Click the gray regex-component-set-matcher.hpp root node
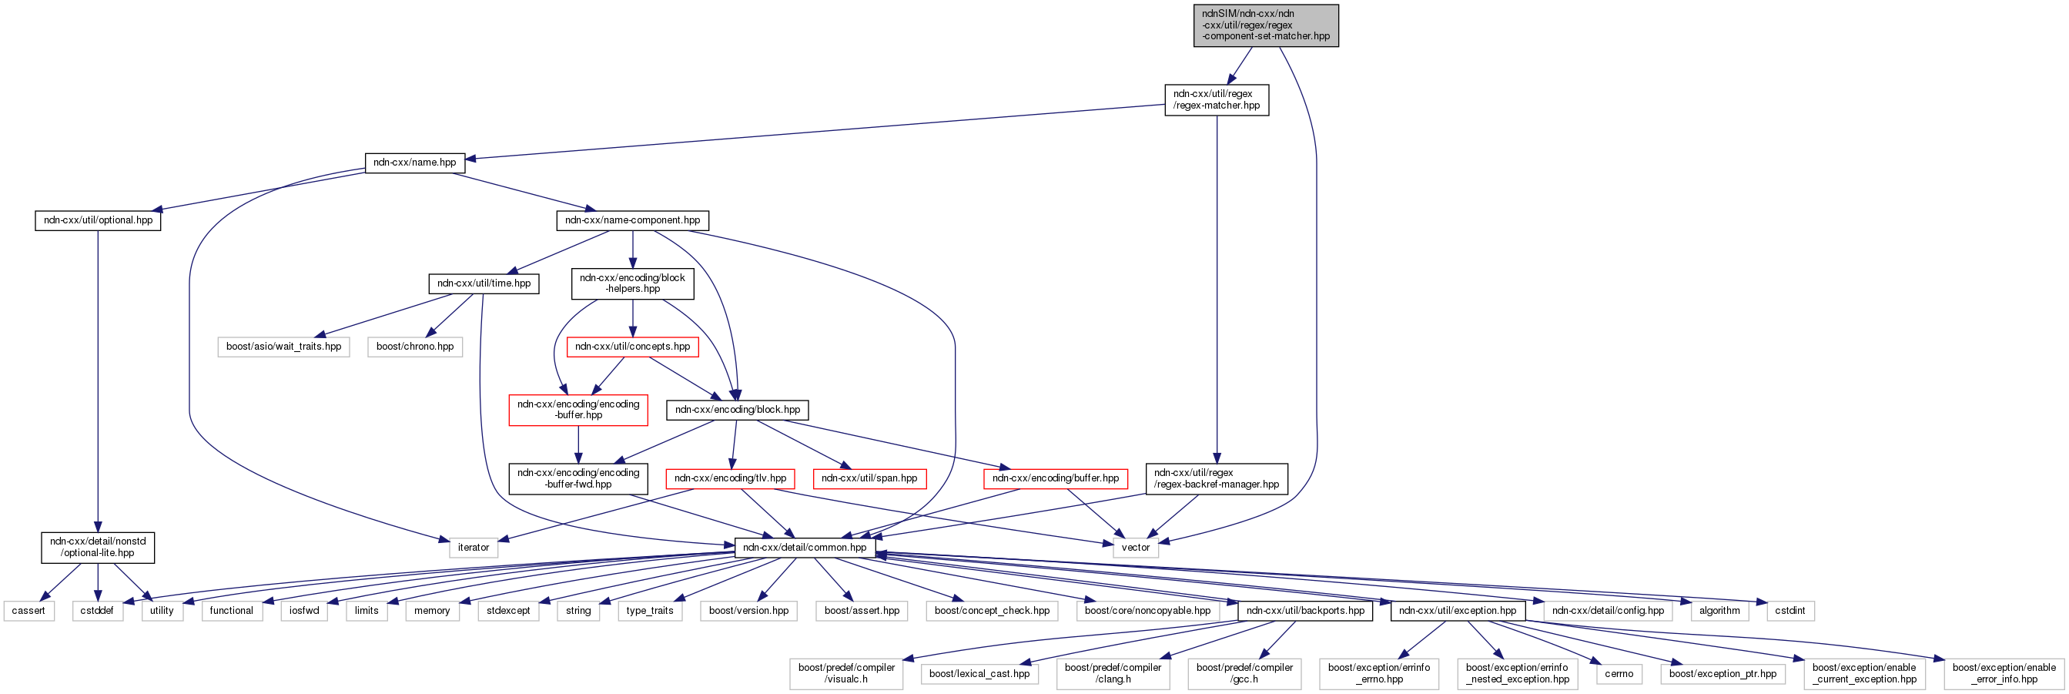(x=1265, y=25)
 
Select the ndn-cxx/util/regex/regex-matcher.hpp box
(x=1216, y=99)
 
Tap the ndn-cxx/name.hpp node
(x=414, y=163)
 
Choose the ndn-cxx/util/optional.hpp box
(x=98, y=220)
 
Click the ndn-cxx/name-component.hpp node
(x=632, y=220)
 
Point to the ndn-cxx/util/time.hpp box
(x=484, y=283)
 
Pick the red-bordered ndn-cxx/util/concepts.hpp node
(x=632, y=347)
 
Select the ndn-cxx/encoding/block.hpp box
(x=738, y=410)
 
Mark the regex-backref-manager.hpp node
(x=1216, y=479)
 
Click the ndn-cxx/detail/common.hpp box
(x=805, y=548)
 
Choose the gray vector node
(x=1136, y=548)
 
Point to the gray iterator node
(x=473, y=548)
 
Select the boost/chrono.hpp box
(x=414, y=347)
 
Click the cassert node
(x=29, y=612)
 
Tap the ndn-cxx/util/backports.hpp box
(x=1305, y=612)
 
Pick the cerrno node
(x=1619, y=674)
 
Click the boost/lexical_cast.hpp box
(x=979, y=674)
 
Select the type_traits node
(x=650, y=612)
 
